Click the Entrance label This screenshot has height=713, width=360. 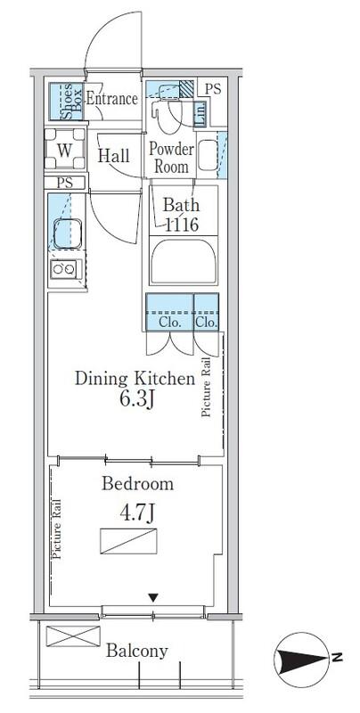pos(111,99)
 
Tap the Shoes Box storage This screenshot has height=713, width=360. pos(66,102)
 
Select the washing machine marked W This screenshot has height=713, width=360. pos(65,149)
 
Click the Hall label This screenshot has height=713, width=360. pos(114,156)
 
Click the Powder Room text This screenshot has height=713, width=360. pos(171,158)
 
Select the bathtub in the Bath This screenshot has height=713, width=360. pos(184,261)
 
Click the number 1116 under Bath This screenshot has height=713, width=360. pos(182,225)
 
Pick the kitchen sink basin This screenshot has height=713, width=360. pos(68,234)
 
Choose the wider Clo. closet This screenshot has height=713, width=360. pos(169,312)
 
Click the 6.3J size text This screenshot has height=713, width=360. pos(136,400)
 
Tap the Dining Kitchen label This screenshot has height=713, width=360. pos(135,379)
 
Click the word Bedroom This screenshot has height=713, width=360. pos(137,483)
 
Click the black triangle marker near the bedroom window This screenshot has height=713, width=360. pos(153,597)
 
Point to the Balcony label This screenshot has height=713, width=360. pos(137,652)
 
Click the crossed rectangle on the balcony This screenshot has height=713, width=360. pos(73,635)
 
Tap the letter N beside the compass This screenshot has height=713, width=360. pos(337,657)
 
